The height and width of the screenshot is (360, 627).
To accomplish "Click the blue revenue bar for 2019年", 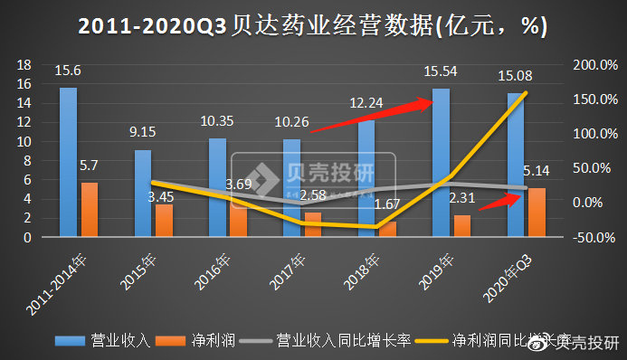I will [x=442, y=163].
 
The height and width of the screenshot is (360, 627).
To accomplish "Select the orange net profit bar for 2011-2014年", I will [x=90, y=209].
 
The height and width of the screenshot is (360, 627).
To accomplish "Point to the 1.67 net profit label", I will [x=389, y=204].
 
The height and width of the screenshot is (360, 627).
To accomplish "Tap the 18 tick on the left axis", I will [x=24, y=65].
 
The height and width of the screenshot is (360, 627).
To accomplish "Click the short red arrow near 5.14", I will [x=499, y=201].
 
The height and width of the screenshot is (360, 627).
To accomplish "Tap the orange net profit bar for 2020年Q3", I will [x=537, y=212].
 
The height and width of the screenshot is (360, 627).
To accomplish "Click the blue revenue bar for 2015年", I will [x=143, y=193].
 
